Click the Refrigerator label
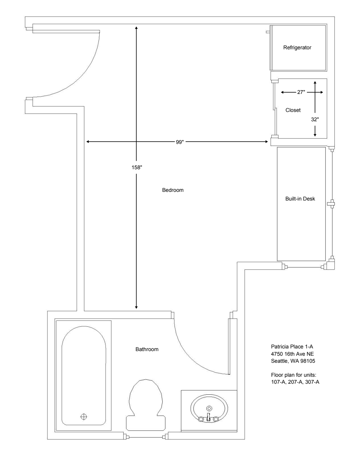coord(297,48)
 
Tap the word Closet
coord(293,110)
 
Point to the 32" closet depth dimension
coord(315,120)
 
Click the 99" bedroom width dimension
coord(180,142)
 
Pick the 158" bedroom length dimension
coord(137,168)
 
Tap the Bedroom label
coord(173,190)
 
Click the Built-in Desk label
coord(300,199)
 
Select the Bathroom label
coord(147,349)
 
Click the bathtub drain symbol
coord(84,417)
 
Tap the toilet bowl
coord(146,396)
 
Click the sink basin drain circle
coord(209,408)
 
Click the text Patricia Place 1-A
coord(292,346)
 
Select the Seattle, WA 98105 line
coord(293,361)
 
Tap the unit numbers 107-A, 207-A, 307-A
coord(295,382)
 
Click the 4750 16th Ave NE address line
coord(292,354)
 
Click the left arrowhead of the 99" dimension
coord(88,142)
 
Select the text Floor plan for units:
coord(294,375)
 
